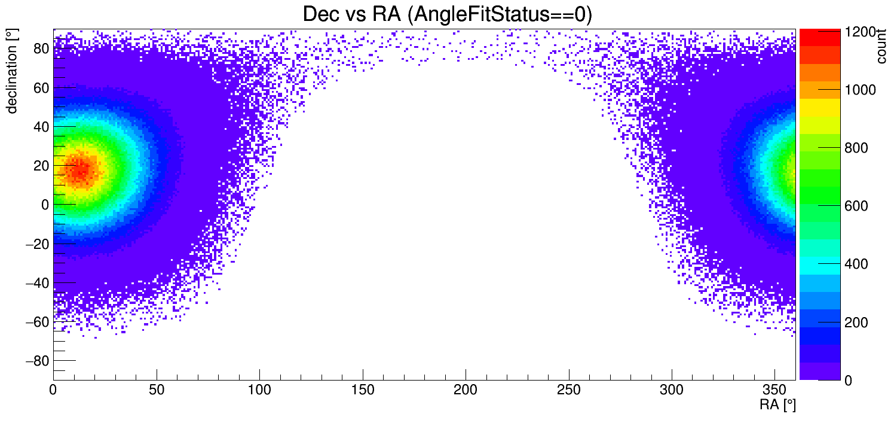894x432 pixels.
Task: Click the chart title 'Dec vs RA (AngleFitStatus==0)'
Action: pos(447,14)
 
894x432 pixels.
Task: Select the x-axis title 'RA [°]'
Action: pos(777,405)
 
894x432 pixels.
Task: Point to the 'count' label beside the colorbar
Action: pos(881,47)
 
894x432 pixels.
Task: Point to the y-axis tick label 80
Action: pos(40,48)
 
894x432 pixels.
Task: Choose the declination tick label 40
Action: pos(40,126)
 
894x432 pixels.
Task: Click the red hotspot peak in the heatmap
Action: pos(79,169)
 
